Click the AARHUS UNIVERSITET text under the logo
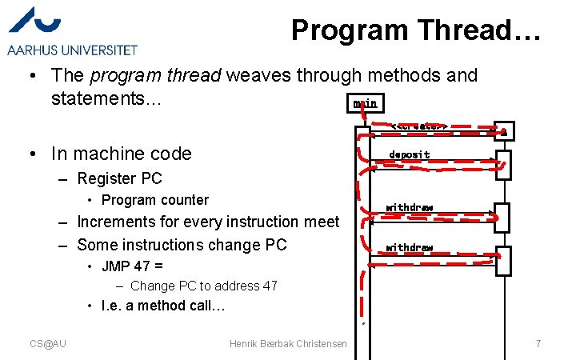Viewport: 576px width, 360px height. (73, 50)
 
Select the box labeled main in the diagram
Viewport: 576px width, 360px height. (365, 103)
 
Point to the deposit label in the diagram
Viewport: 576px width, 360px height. (409, 154)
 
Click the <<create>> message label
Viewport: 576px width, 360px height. (418, 126)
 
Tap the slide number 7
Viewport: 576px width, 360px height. (538, 343)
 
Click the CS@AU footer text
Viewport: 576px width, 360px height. (48, 343)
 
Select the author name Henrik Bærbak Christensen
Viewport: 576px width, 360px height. (288, 343)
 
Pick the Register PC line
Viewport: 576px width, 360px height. (119, 178)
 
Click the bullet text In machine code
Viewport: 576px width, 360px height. (122, 154)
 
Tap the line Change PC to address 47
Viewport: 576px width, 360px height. (203, 286)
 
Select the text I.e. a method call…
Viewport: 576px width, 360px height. (163, 306)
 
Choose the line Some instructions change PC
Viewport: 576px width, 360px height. (182, 245)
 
